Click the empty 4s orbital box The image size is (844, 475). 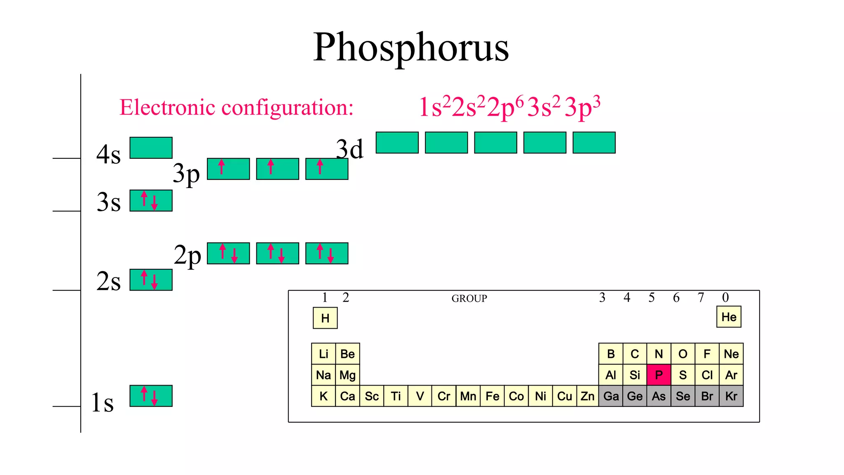coord(151,148)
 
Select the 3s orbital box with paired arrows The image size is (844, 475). coord(151,200)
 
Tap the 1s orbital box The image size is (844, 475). coord(151,396)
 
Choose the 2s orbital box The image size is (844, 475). coord(151,280)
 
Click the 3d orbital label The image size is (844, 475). coord(349,149)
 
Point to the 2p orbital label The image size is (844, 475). coord(188,255)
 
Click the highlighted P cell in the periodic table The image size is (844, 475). coord(659,375)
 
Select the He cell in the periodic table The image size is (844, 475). coord(729,317)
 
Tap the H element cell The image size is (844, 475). coord(325,318)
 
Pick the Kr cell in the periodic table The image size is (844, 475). coord(731,396)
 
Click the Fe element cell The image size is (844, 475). coord(492,396)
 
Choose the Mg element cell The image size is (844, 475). coord(347,375)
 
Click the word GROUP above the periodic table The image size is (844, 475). coord(469,298)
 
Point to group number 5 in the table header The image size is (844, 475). coord(652,297)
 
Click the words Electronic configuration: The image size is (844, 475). coord(237,107)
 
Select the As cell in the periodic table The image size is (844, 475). coord(659,396)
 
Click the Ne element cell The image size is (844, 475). coord(731,354)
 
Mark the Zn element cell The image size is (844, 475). coord(588,396)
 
